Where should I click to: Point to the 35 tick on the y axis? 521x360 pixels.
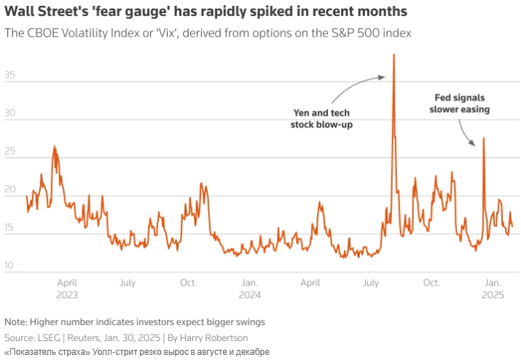tap(10, 76)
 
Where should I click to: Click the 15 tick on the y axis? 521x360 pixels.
tap(10, 228)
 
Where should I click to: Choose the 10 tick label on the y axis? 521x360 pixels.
tap(10, 266)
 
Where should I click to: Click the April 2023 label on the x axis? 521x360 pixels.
tap(66, 289)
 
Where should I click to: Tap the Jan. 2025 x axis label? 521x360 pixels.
tap(493, 289)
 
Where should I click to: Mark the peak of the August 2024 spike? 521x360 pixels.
tap(394, 55)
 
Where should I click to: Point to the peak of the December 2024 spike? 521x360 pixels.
tap(484, 138)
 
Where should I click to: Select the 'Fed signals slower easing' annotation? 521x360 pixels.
tap(459, 103)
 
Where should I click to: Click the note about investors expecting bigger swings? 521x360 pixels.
tap(135, 321)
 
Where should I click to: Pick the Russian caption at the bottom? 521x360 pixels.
tap(137, 352)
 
